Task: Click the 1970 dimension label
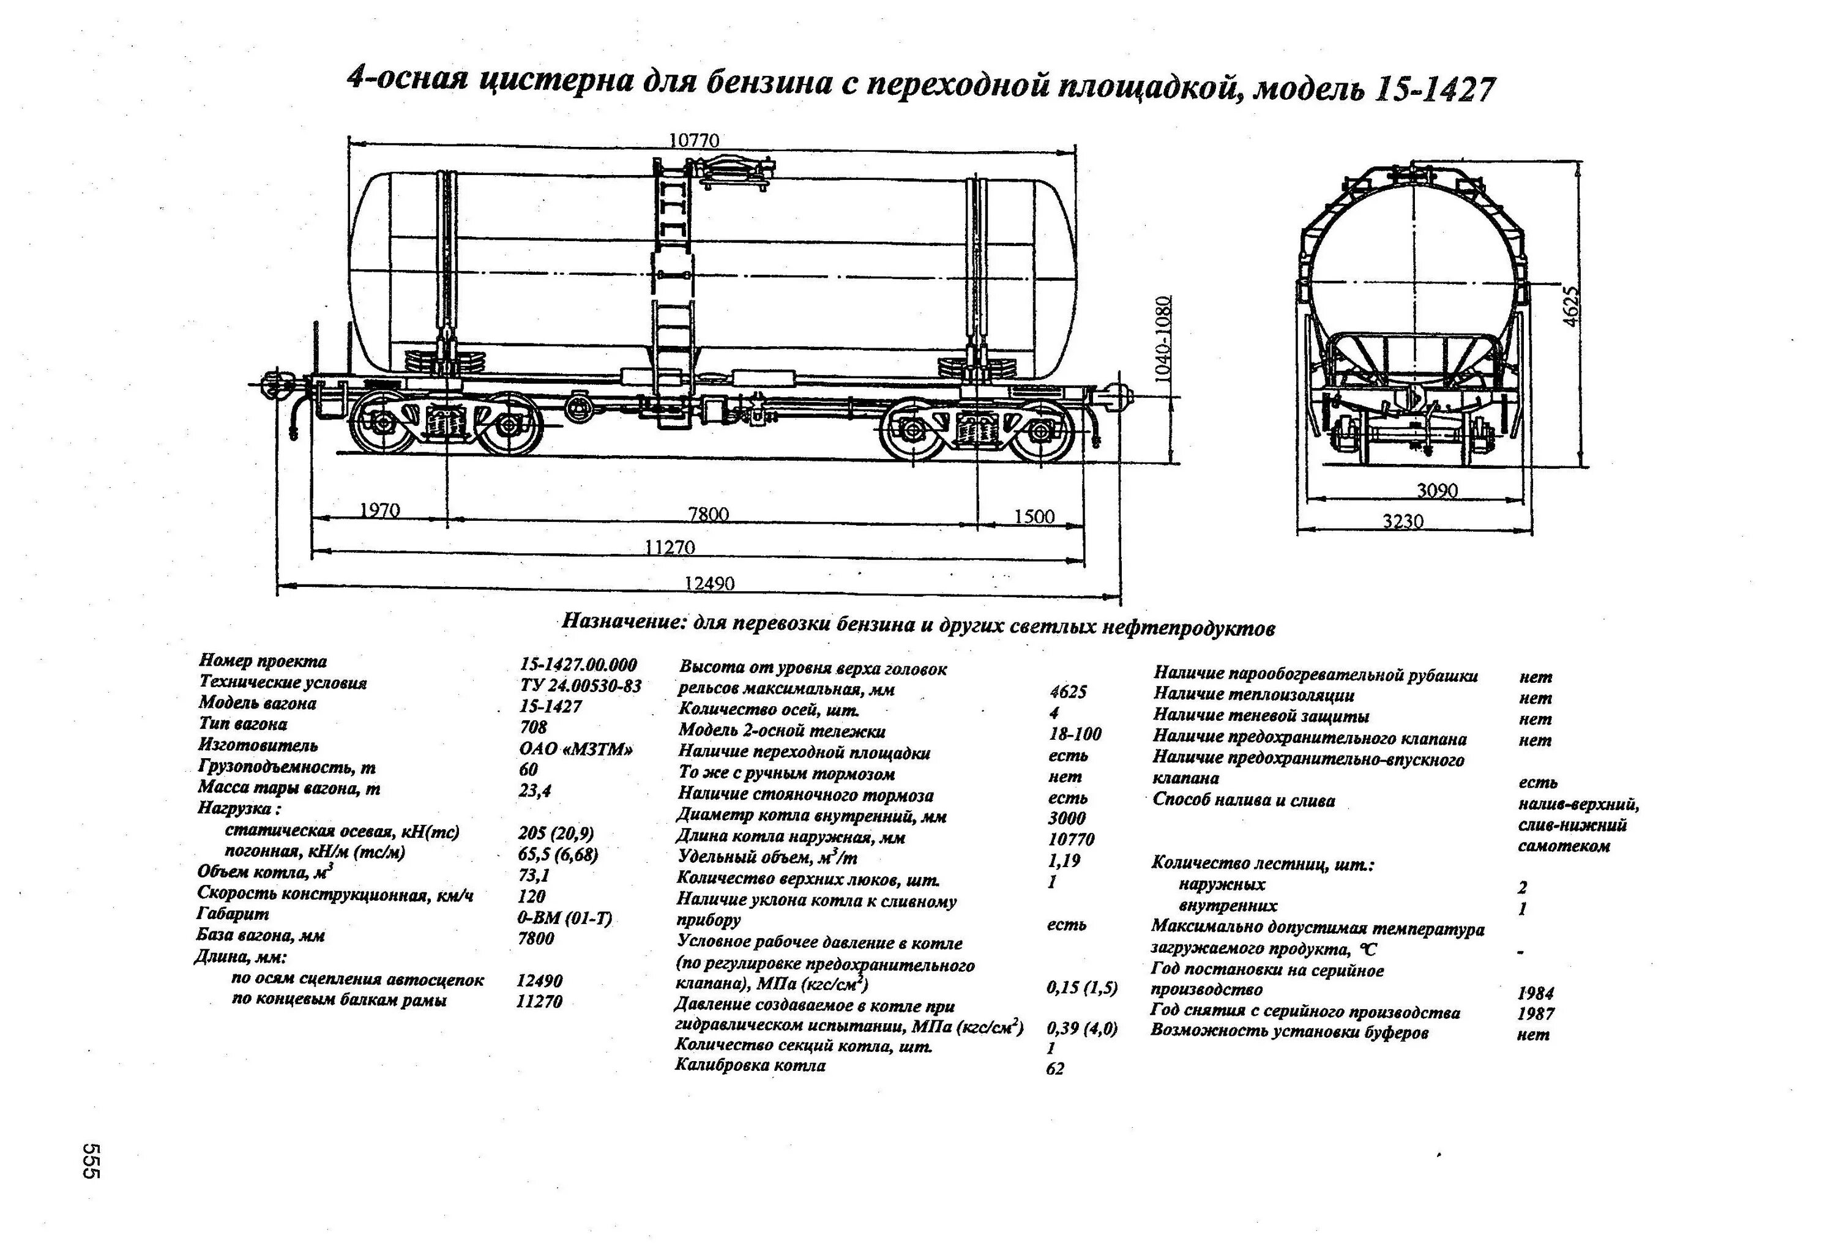coord(380,511)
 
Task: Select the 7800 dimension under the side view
coord(708,515)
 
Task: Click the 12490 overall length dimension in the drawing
coord(709,583)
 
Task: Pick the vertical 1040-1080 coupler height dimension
coord(1163,340)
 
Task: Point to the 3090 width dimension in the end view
coord(1436,491)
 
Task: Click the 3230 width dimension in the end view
coord(1403,521)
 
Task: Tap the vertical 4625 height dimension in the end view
coord(1572,306)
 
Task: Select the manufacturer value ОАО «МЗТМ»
coord(576,749)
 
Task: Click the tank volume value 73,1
coord(534,875)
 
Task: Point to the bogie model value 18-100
coord(1075,734)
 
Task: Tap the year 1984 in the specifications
coord(1535,993)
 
